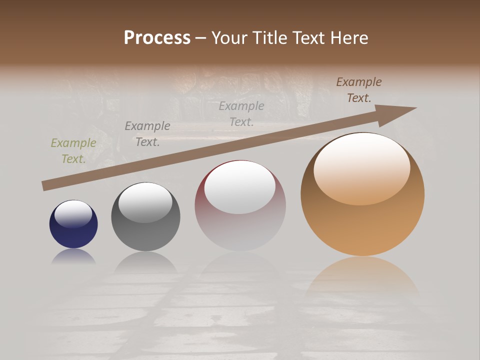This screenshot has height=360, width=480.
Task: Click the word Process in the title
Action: point(157,38)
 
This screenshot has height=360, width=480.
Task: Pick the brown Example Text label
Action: point(358,90)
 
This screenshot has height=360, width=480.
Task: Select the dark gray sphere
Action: point(145,235)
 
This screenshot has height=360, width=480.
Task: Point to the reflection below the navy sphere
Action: point(73,256)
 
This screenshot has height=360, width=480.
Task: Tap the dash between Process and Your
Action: point(201,38)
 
